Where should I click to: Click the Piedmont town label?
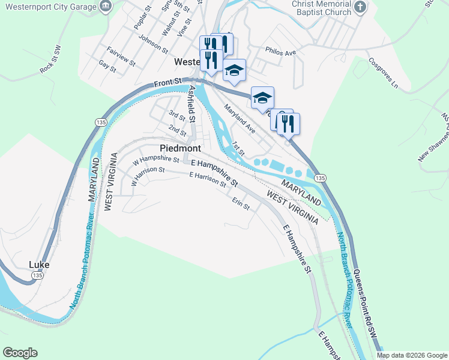[x=180, y=148]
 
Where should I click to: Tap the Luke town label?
[x=39, y=264]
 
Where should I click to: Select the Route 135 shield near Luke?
[x=37, y=275]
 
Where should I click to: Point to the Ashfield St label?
[x=193, y=103]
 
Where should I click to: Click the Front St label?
[x=167, y=82]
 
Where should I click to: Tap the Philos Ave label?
[x=282, y=53]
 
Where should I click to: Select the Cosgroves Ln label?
[x=384, y=72]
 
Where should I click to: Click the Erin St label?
[x=241, y=203]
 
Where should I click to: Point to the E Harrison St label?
[x=207, y=179]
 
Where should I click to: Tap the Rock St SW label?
[x=50, y=61]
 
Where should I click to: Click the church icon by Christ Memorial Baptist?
[x=359, y=7]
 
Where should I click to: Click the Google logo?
[x=20, y=353]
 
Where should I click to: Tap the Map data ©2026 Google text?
[x=412, y=355]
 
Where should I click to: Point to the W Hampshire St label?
[x=156, y=160]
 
